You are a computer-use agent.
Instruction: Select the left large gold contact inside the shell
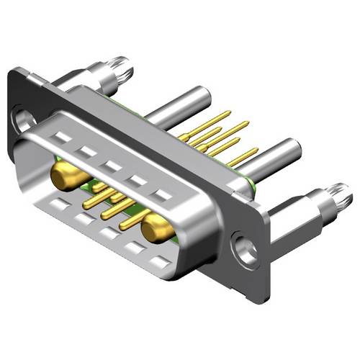[x=64, y=174]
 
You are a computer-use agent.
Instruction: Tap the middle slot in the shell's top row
[x=111, y=166]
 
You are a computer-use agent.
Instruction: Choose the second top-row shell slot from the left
[x=86, y=151]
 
